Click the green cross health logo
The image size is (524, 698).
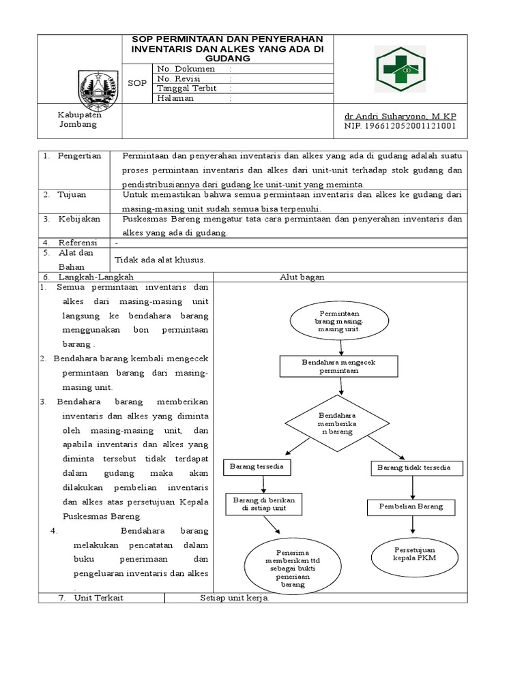point(401,67)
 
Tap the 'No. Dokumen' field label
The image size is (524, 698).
point(186,69)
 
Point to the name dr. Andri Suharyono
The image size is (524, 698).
point(401,117)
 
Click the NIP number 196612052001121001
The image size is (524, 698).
point(401,126)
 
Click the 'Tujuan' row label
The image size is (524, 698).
point(72,194)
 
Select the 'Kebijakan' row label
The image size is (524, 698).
point(78,219)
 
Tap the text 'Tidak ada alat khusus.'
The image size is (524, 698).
point(160,259)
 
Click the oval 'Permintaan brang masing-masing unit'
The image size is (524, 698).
point(339,319)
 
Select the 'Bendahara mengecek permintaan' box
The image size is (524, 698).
point(339,367)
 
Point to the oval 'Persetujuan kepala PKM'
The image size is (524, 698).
point(415,553)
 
